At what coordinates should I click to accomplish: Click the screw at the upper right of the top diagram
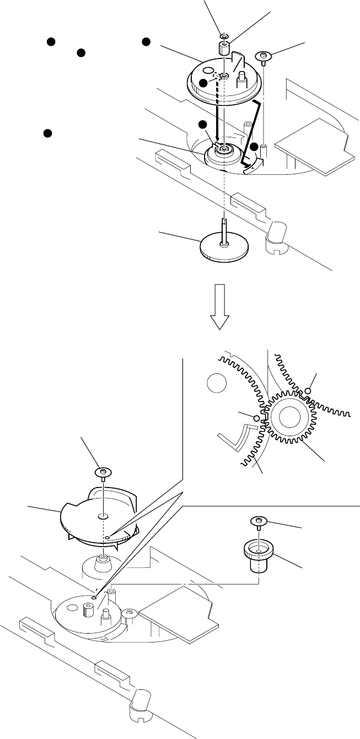tap(264, 56)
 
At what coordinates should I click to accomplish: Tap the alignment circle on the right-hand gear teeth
tap(308, 391)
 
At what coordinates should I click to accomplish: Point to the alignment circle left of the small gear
tap(256, 419)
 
